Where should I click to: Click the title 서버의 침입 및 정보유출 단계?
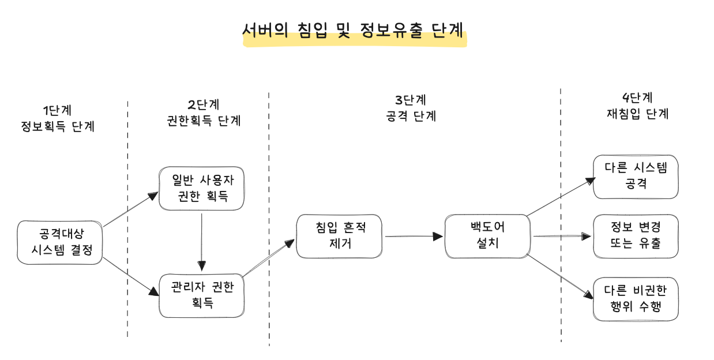(x=353, y=31)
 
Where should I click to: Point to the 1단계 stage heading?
(x=57, y=110)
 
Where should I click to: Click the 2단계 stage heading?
(x=204, y=104)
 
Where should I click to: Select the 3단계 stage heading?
(x=411, y=100)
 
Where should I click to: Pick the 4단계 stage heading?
(x=637, y=97)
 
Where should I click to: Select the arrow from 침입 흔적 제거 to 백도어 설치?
(x=414, y=237)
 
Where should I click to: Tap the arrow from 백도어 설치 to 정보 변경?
(x=562, y=237)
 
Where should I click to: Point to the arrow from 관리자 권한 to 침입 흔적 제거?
(x=269, y=258)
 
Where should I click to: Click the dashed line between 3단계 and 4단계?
(x=561, y=215)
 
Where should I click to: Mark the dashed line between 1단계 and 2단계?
(x=127, y=219)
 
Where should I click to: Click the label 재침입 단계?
(x=637, y=114)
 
